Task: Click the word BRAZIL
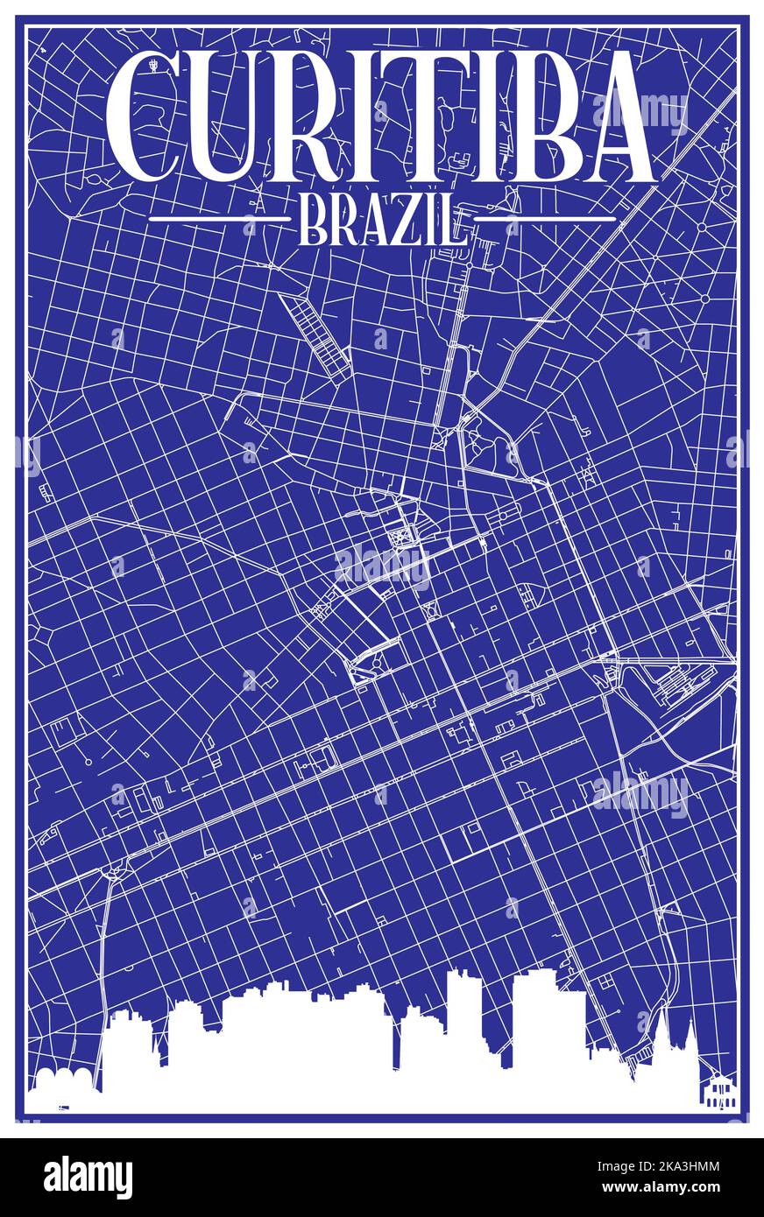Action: (x=381, y=220)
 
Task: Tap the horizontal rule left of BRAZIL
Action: (x=219, y=217)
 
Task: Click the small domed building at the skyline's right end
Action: (x=718, y=1089)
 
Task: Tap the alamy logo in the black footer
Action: (x=88, y=1178)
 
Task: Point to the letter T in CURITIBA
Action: (x=429, y=116)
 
